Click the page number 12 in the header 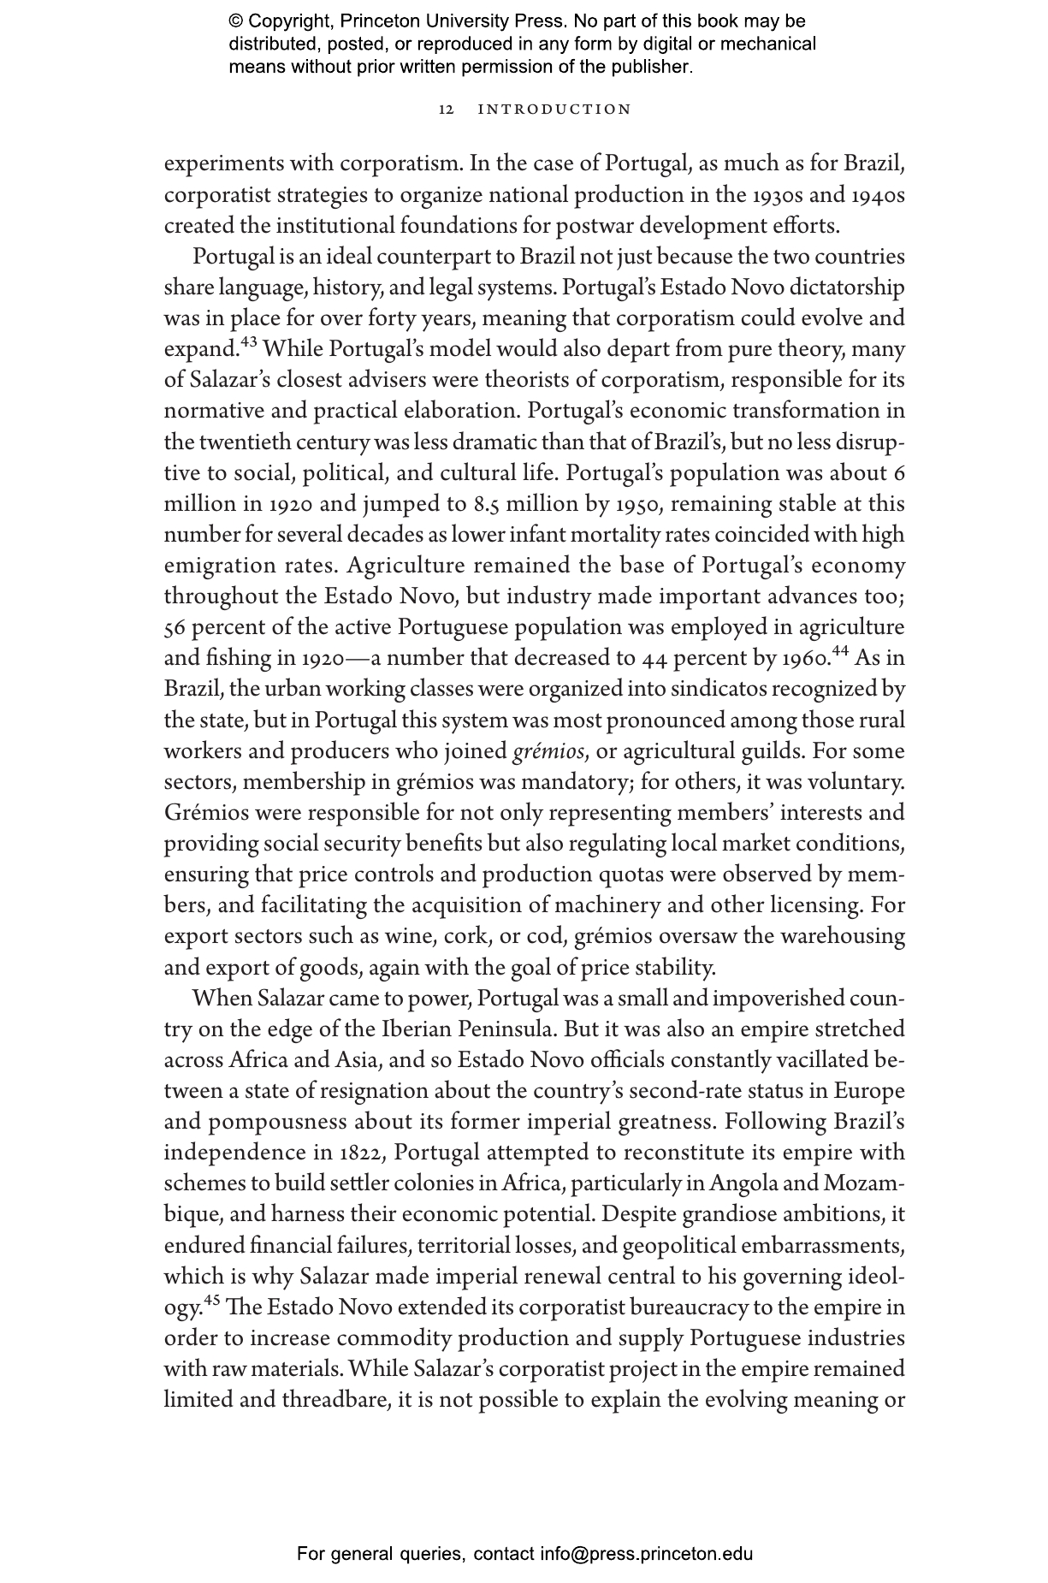coord(445,110)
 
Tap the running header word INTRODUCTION coord(554,110)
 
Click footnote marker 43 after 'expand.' coord(248,343)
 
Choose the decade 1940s coord(878,196)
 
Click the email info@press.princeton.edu coord(646,1553)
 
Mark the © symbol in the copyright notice coord(236,21)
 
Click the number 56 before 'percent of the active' coord(175,628)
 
